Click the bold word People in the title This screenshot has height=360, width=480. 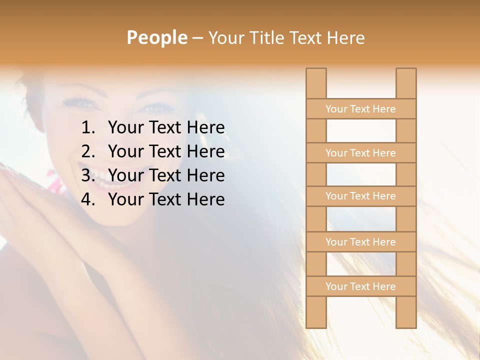pyautogui.click(x=156, y=37)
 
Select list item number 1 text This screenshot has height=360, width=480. pyautogui.click(x=166, y=128)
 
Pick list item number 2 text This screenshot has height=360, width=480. pyautogui.click(x=166, y=151)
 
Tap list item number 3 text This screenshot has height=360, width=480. pyautogui.click(x=166, y=175)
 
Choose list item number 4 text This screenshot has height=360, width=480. pyautogui.click(x=166, y=199)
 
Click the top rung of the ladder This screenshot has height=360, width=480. pyautogui.click(x=360, y=109)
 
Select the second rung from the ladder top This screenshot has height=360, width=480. pyautogui.click(x=360, y=153)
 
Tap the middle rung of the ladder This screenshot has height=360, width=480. pyautogui.click(x=360, y=196)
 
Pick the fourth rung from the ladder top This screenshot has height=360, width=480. pyautogui.click(x=360, y=242)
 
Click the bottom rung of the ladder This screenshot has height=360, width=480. pyautogui.click(x=360, y=286)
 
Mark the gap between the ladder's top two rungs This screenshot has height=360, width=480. pyautogui.click(x=361, y=131)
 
